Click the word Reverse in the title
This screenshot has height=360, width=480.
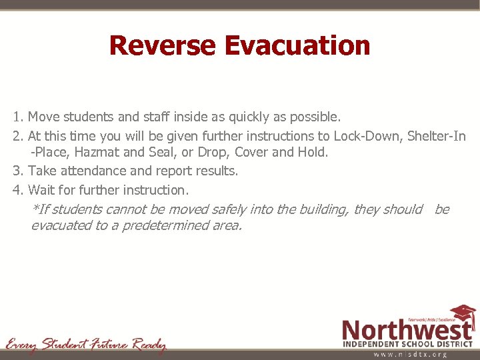coord(163,46)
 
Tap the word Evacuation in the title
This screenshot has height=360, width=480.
coord(297,46)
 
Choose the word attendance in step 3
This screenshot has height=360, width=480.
coord(92,171)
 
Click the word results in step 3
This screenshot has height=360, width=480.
coord(215,171)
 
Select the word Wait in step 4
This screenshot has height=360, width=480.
coord(41,189)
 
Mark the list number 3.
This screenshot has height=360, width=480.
coord(17,171)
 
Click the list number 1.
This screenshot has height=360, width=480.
coord(17,117)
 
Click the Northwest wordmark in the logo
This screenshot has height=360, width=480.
coord(407,330)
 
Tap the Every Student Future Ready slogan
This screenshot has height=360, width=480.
coord(86,345)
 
